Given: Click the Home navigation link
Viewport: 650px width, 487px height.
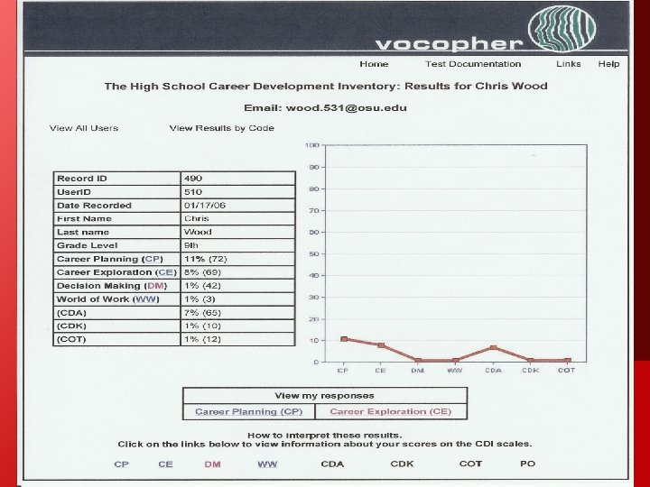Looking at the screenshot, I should pos(374,64).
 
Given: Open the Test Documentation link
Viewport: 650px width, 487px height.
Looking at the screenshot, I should pos(473,64).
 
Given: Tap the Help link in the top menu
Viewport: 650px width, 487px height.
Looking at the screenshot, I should pos(608,64).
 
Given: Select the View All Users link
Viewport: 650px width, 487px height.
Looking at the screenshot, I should pos(84,128).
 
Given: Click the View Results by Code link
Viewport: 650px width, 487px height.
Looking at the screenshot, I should pos(221,128).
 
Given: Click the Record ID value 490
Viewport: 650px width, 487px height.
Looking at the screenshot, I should pos(193,179).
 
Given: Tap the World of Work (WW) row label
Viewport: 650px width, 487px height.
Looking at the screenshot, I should pos(107,299).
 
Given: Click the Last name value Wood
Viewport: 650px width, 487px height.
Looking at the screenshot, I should pos(198,232).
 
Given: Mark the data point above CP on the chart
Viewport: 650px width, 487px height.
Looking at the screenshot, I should pos(344,339).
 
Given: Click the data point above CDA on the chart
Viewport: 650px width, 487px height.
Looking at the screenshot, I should pos(493,348).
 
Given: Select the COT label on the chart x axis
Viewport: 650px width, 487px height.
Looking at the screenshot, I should pos(567,371).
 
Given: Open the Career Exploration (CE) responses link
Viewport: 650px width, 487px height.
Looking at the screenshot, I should pos(391,411).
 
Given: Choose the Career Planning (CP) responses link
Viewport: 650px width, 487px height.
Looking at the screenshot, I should pos(249,411).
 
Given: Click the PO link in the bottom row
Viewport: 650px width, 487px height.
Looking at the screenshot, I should pos(527,464).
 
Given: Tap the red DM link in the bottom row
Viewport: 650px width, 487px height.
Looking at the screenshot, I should pos(212,464).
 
